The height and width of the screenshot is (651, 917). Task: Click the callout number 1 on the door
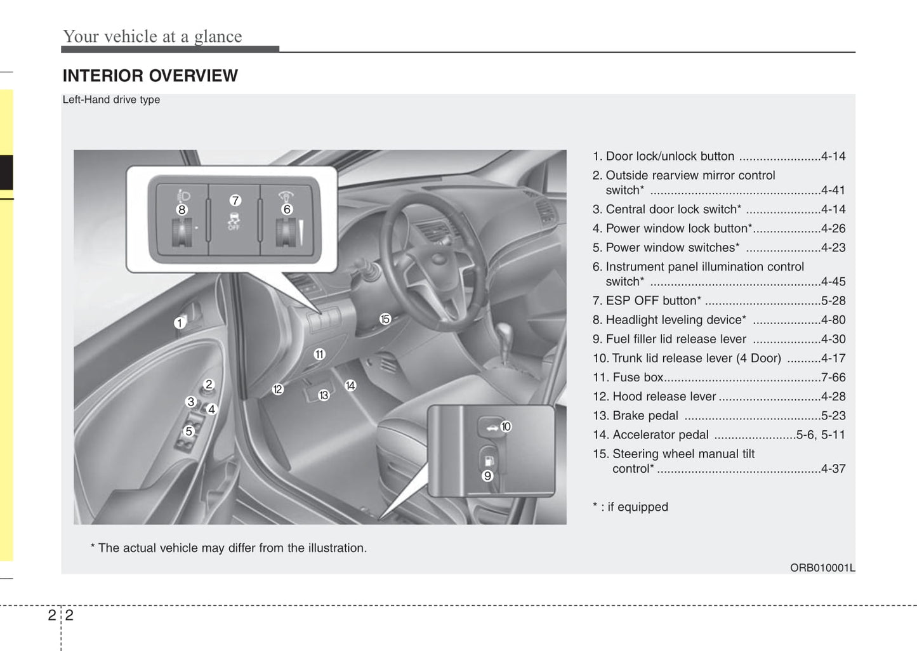[x=180, y=323]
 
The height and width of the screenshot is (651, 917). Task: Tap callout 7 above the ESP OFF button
[x=235, y=201]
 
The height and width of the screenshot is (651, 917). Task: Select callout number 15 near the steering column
[x=385, y=319]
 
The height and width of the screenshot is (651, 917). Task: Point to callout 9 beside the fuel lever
[x=487, y=476]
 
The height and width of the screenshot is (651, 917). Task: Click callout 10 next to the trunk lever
[x=506, y=426]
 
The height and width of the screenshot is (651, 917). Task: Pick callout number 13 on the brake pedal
[x=324, y=395]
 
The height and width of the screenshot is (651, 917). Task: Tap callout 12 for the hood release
[x=277, y=390]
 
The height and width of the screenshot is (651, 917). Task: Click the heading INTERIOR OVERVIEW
[x=150, y=76]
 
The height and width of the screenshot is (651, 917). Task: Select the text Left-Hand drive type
[x=111, y=100]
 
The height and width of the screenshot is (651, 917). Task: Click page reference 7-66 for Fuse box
[x=833, y=378]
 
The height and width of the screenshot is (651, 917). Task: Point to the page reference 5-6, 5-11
[x=821, y=435]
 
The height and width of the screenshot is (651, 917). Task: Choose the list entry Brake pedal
[x=645, y=416]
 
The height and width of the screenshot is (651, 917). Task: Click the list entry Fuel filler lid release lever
[x=676, y=339]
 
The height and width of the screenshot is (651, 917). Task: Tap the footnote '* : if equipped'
[x=630, y=507]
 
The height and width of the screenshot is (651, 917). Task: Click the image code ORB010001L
[x=822, y=568]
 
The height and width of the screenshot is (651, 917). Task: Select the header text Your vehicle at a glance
[x=152, y=37]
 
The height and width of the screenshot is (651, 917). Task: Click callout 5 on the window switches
[x=188, y=431]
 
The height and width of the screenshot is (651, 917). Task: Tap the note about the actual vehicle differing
[x=228, y=548]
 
